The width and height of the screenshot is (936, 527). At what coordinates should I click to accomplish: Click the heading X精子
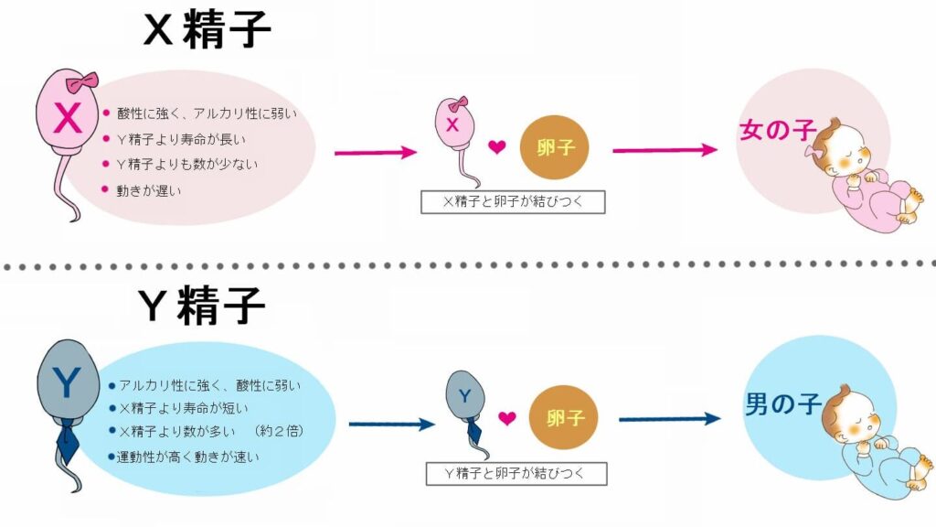[207, 30]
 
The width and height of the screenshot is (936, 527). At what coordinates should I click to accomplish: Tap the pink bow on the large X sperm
[88, 81]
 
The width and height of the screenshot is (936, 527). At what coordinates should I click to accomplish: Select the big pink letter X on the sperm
[69, 118]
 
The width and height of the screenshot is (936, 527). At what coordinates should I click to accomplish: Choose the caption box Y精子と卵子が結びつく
[516, 474]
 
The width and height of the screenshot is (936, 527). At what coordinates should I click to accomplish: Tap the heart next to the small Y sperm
[507, 418]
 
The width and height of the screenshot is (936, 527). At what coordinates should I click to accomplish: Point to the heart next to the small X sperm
[496, 147]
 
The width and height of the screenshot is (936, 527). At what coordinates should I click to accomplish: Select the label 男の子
[780, 401]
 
